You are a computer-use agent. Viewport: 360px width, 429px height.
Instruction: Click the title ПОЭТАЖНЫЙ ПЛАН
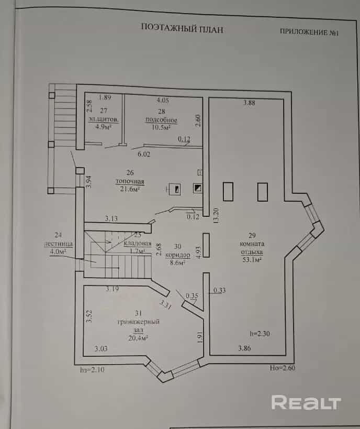(182, 28)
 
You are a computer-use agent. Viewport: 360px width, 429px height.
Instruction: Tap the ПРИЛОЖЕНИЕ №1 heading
(309, 32)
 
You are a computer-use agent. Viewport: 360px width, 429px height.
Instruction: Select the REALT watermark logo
(306, 402)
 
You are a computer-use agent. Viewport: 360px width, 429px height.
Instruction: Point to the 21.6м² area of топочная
(130, 189)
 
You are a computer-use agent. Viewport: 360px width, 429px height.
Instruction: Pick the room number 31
(138, 313)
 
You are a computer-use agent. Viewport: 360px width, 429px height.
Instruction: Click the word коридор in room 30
(178, 255)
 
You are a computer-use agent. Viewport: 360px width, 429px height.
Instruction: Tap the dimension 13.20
(216, 216)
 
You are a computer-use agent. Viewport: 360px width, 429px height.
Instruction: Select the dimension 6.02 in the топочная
(144, 155)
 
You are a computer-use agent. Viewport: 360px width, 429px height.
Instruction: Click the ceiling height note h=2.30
(260, 334)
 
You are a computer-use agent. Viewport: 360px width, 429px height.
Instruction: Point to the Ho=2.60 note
(283, 368)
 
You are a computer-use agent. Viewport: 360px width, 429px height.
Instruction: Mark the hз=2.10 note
(92, 370)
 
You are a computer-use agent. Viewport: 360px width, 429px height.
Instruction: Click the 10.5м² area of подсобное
(161, 127)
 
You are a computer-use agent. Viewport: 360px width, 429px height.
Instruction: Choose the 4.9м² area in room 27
(104, 126)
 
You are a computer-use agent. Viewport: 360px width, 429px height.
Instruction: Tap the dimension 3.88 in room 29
(249, 103)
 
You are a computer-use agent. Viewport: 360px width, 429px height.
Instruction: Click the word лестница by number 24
(58, 244)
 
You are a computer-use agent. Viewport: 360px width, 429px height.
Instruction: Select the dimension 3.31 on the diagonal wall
(165, 304)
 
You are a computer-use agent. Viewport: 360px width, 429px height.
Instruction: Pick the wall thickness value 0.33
(219, 290)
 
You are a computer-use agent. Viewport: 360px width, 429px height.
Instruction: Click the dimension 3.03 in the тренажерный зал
(101, 348)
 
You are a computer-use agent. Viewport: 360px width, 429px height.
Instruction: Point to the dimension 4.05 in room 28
(163, 101)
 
